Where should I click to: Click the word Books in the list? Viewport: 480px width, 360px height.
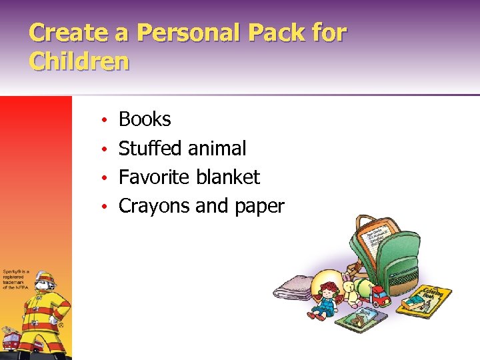pos(145,119)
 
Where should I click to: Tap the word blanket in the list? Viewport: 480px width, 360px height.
pos(228,177)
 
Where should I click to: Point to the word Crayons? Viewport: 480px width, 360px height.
pos(154,206)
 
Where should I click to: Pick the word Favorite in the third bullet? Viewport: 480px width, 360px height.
pos(155,177)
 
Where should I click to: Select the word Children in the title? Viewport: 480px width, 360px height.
pos(79,61)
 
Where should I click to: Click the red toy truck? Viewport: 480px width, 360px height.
pos(380,295)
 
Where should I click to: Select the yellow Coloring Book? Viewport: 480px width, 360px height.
pos(425,300)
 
